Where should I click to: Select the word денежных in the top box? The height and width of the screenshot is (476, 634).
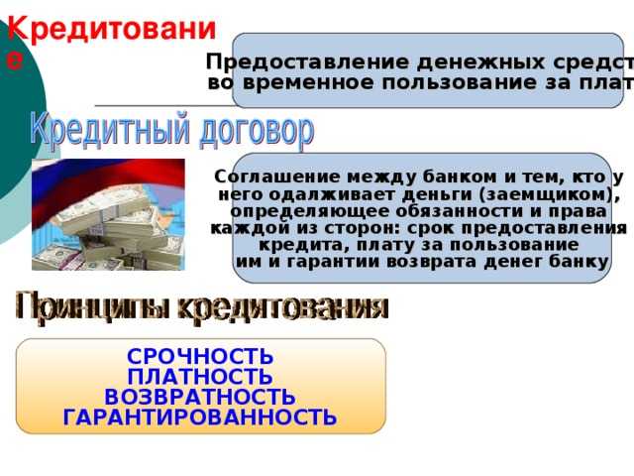click(421, 61)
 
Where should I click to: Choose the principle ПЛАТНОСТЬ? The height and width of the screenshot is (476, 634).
click(200, 377)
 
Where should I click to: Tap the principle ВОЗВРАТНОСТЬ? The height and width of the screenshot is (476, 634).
click(200, 397)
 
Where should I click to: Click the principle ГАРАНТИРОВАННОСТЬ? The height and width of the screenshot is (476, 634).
click(200, 417)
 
